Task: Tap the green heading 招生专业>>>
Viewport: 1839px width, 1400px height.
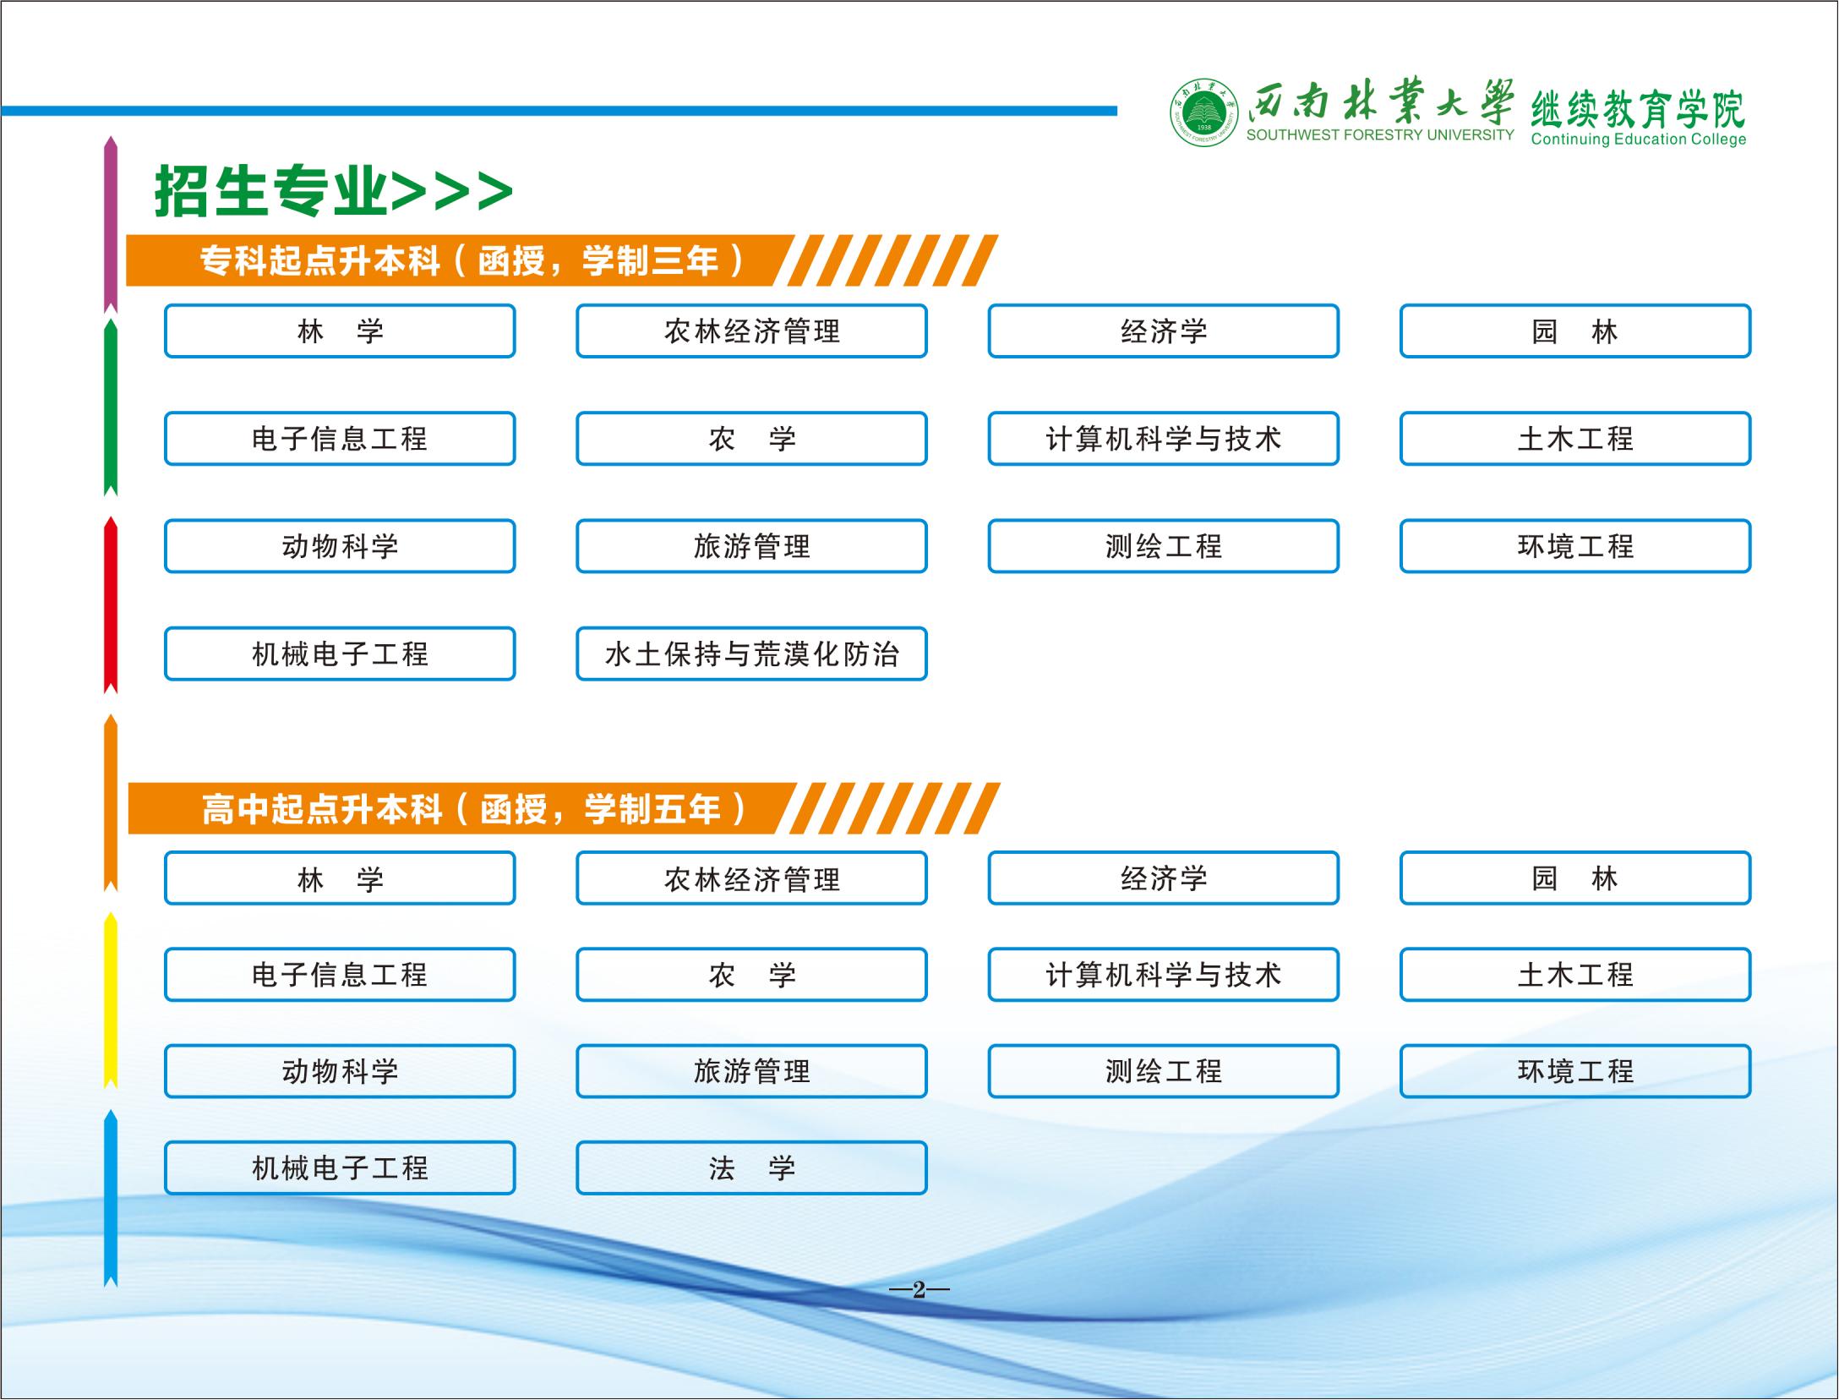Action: click(x=334, y=191)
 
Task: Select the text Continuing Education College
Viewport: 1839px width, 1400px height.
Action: click(x=1639, y=139)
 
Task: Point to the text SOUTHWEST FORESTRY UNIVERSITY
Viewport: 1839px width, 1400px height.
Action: click(x=1380, y=135)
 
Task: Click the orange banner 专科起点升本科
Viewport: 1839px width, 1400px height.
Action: click(x=562, y=260)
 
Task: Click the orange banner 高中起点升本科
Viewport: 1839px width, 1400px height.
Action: click(x=564, y=809)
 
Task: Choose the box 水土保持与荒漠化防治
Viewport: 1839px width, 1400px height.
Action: click(x=751, y=654)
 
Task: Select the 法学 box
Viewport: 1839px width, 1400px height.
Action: click(x=751, y=1168)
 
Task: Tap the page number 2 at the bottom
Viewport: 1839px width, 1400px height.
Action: click(x=919, y=1290)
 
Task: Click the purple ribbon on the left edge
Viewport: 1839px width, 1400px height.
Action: click(x=111, y=225)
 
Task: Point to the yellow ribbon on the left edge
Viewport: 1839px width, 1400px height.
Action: click(x=111, y=1001)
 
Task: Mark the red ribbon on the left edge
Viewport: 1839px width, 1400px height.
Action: click(x=111, y=606)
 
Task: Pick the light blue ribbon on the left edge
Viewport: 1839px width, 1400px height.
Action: click(x=111, y=1199)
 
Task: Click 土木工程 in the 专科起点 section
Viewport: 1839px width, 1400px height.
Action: click(x=1575, y=439)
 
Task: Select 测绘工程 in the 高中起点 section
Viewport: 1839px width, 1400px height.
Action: click(x=1164, y=1071)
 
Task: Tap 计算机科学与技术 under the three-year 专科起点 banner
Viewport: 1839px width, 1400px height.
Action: click(x=1164, y=439)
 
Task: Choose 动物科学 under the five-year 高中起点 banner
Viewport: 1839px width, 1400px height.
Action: click(x=340, y=1071)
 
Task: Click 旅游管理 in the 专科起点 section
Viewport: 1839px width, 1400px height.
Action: click(x=751, y=546)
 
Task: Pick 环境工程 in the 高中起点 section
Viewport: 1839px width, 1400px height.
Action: click(x=1575, y=1071)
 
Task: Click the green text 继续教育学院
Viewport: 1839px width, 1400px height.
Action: click(x=1638, y=108)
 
